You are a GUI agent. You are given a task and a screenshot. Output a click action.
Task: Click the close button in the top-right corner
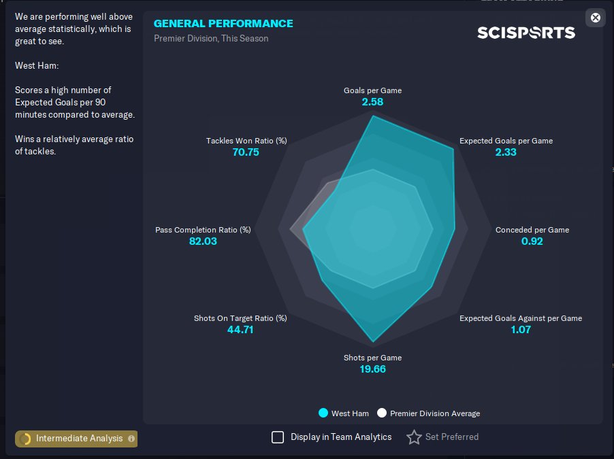(x=596, y=18)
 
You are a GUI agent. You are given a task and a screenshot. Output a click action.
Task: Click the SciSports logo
(x=526, y=33)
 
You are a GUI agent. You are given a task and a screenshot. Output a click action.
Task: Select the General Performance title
(x=223, y=24)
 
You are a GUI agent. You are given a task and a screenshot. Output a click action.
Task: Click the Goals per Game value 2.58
(x=372, y=102)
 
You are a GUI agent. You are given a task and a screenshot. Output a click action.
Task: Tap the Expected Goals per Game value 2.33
(x=506, y=152)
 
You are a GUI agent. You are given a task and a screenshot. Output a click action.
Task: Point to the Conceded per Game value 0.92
(x=532, y=241)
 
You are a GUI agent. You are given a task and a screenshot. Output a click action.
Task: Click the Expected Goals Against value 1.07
(x=520, y=330)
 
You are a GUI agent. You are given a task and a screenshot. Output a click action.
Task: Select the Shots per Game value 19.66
(x=372, y=369)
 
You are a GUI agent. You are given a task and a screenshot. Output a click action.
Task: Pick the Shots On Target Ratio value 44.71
(x=240, y=330)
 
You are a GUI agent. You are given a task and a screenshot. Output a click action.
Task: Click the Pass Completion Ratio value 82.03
(x=203, y=241)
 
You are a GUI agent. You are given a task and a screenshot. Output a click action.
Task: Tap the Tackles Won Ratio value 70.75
(x=246, y=152)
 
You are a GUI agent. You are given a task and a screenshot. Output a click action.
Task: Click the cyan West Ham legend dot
(x=323, y=413)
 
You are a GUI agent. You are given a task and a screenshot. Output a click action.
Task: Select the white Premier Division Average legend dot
(x=382, y=413)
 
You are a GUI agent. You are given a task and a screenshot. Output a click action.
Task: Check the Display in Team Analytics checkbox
(x=278, y=437)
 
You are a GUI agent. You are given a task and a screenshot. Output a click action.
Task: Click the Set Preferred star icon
(x=414, y=437)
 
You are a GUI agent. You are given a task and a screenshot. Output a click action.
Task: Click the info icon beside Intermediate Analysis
(x=131, y=439)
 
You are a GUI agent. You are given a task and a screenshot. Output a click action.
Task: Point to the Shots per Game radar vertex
(x=373, y=341)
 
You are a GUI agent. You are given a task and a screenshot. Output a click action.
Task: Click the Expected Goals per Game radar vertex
(x=453, y=149)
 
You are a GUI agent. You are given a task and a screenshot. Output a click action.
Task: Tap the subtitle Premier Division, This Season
(x=211, y=39)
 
